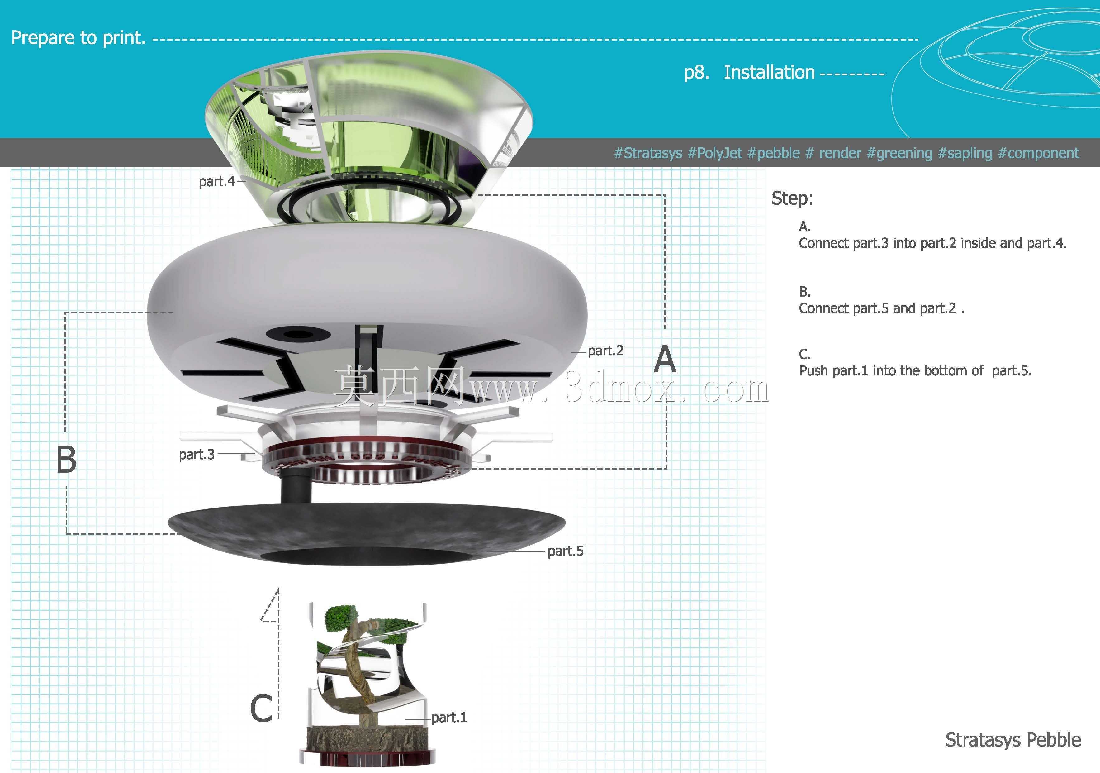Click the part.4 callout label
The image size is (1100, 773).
(x=216, y=182)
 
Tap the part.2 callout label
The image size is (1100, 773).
(x=605, y=351)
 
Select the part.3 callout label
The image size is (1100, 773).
(x=197, y=454)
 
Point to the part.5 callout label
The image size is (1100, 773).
(x=565, y=551)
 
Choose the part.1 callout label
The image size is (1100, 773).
(x=449, y=718)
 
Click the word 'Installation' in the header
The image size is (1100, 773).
(x=769, y=72)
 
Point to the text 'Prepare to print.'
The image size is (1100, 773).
(x=78, y=38)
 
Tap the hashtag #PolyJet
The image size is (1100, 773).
(x=714, y=153)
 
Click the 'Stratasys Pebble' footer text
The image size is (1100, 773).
(x=1013, y=740)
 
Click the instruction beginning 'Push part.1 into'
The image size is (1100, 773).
(x=915, y=370)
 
